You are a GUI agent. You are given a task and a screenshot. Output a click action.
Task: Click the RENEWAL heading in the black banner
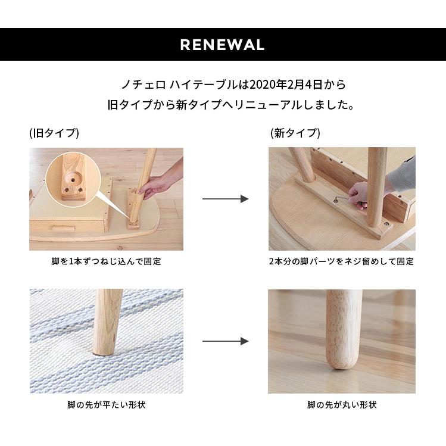tap(222, 45)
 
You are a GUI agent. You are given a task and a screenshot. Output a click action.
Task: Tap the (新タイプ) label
tap(295, 133)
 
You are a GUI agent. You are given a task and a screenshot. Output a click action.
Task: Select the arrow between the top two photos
tap(225, 199)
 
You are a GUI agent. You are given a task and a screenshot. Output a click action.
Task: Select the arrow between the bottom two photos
tap(225, 341)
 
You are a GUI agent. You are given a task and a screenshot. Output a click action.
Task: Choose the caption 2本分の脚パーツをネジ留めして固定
tap(341, 261)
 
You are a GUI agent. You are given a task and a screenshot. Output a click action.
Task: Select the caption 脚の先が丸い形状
tap(342, 405)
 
